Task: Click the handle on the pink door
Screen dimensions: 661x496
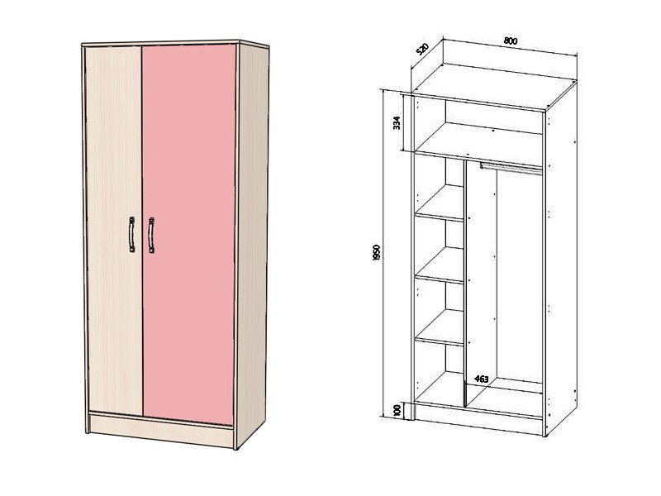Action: coord(151,236)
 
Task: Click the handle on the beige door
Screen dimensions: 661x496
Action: coord(132,235)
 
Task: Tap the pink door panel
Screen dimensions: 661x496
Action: coord(188,234)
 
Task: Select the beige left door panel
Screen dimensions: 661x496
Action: coord(114,230)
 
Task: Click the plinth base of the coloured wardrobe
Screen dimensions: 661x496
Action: coord(161,429)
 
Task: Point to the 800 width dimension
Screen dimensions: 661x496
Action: coord(511,41)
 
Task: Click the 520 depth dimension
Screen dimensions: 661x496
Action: coord(422,49)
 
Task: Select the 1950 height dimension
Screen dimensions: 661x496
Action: coord(377,252)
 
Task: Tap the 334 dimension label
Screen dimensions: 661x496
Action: coord(397,122)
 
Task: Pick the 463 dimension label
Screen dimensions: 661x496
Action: coord(482,379)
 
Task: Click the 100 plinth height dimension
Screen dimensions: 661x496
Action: coord(397,411)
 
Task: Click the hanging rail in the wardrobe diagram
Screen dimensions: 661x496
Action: coord(511,168)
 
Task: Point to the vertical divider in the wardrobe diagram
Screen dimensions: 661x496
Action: coord(465,283)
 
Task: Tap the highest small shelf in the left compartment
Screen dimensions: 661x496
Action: coord(440,203)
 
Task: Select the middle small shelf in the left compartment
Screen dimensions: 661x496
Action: coord(440,265)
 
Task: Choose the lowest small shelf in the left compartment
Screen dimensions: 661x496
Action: coord(440,327)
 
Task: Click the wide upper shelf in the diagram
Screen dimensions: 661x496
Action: coord(479,144)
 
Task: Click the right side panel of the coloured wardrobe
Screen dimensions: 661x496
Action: coord(252,244)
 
